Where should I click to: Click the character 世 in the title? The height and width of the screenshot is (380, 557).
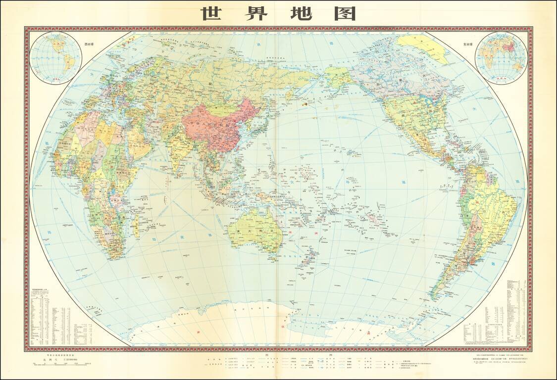pyautogui.click(x=210, y=13)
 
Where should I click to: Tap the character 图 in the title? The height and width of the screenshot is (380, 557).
pyautogui.click(x=345, y=13)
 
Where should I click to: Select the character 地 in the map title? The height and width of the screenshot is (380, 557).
pyautogui.click(x=300, y=13)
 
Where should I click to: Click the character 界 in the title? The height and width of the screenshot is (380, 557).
pyautogui.click(x=254, y=13)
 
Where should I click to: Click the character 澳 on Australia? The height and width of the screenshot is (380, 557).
pyautogui.click(x=239, y=231)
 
